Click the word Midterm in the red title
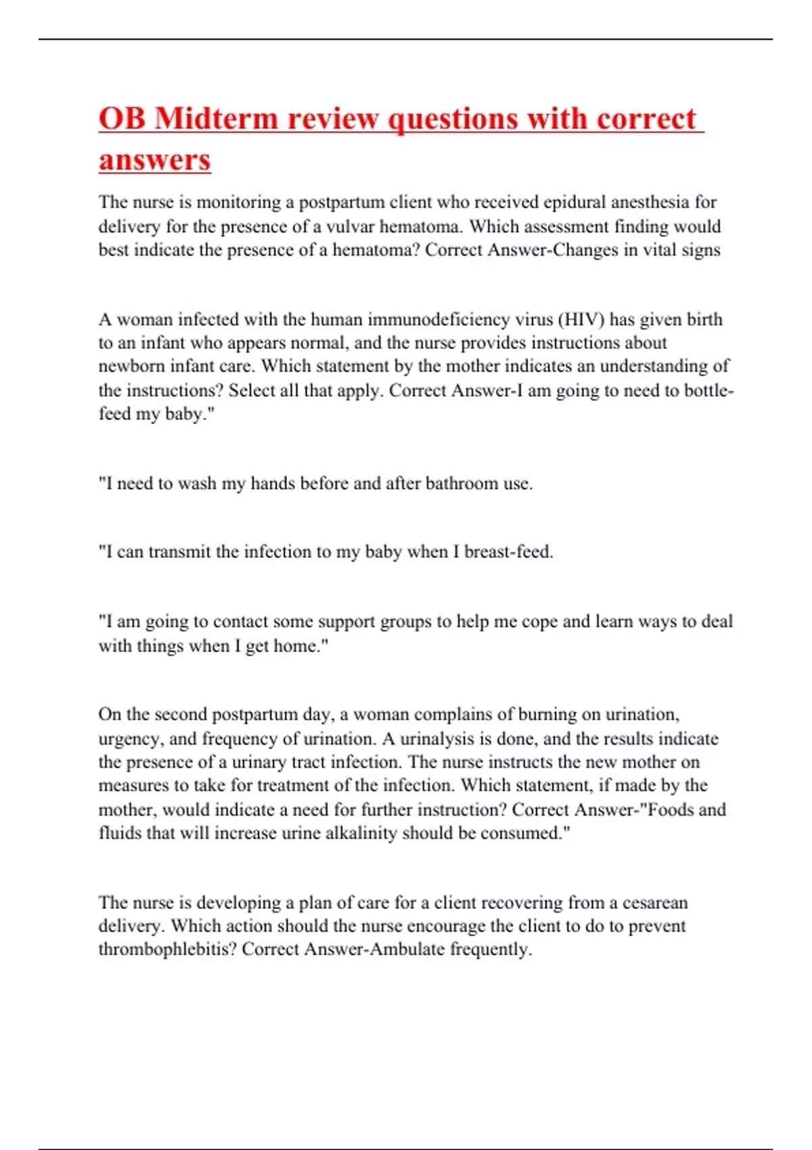[x=216, y=118]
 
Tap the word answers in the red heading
[x=155, y=160]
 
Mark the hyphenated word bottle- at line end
[x=708, y=390]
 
